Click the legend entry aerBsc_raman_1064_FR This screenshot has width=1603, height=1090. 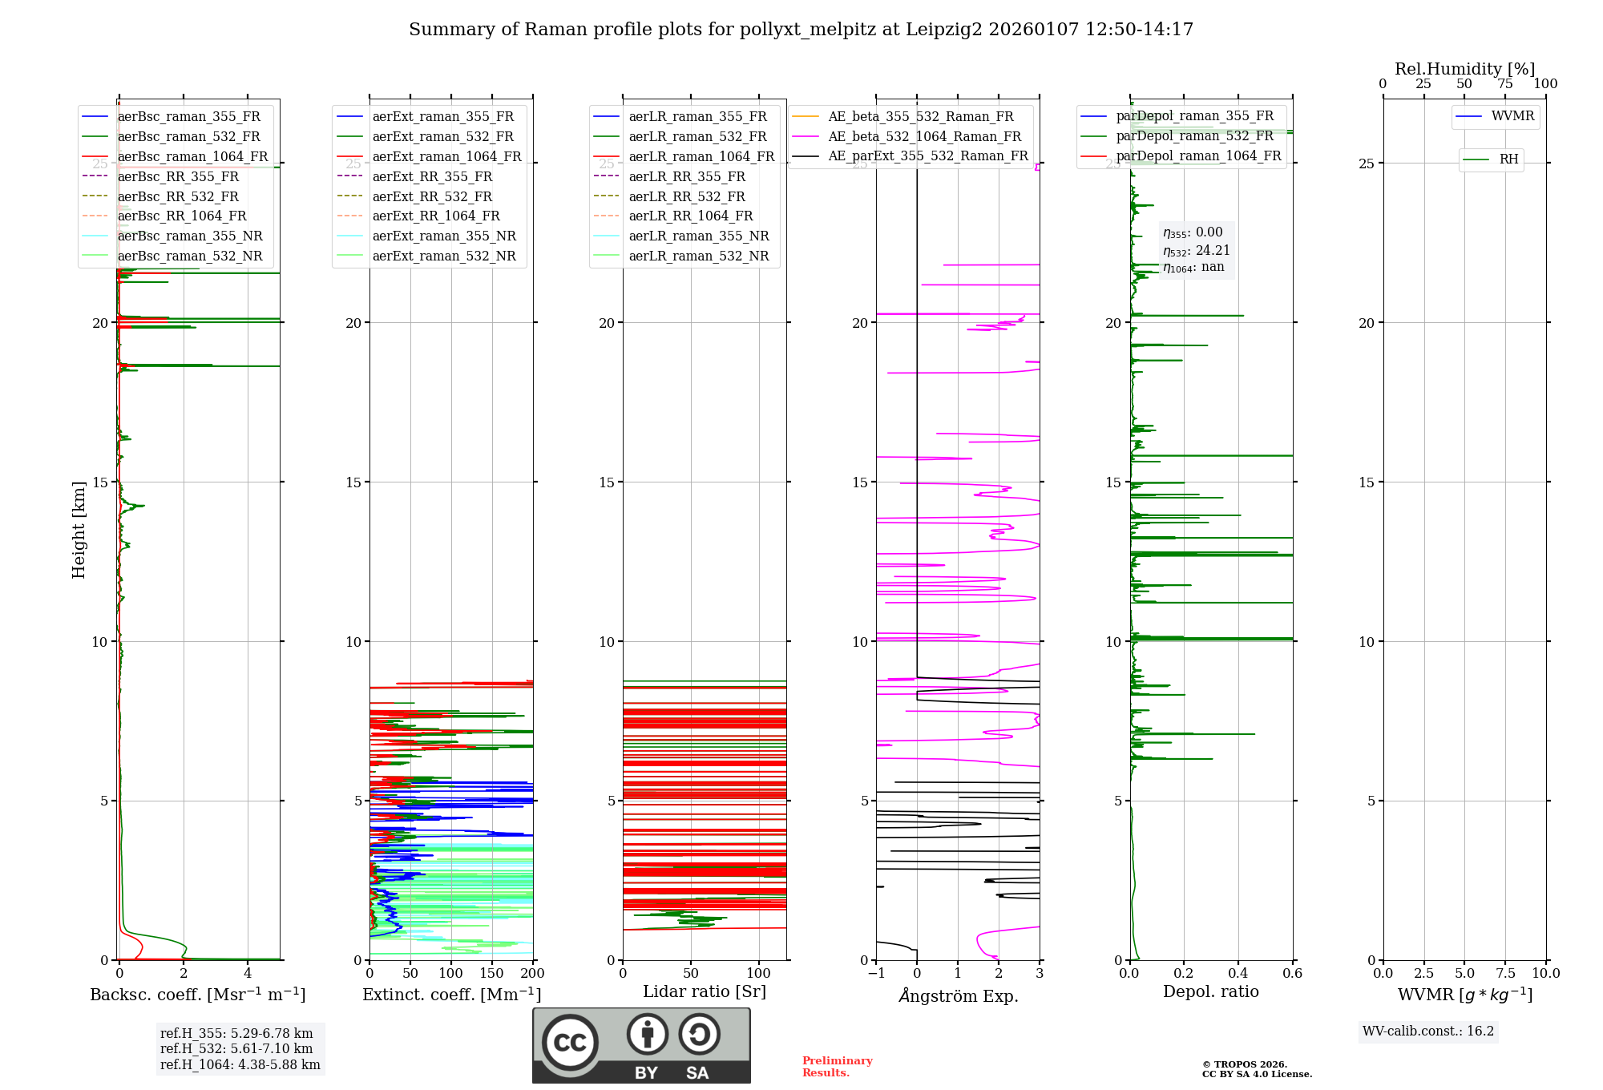click(192, 157)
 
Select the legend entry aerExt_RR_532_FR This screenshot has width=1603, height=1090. click(431, 196)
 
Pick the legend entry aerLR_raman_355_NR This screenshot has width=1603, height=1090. click(698, 236)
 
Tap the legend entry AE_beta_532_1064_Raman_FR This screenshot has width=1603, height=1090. click(924, 137)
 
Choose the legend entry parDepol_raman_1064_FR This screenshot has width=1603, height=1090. click(1198, 156)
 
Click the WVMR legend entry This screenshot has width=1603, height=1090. click(1512, 116)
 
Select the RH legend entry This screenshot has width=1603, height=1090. click(1508, 159)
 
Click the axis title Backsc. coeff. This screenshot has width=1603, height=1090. click(197, 995)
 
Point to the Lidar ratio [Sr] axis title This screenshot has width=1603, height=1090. click(704, 992)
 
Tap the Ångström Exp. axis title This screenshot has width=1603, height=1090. click(958, 996)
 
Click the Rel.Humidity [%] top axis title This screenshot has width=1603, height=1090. click(1464, 69)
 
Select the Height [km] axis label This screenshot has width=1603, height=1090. click(79, 530)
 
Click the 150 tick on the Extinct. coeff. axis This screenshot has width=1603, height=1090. click(491, 974)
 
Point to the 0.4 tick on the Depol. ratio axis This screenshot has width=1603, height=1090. click(1238, 974)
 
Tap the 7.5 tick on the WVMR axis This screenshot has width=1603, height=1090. click(1505, 974)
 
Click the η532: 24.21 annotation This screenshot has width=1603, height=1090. click(1196, 251)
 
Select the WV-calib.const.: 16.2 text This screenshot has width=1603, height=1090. click(1427, 1031)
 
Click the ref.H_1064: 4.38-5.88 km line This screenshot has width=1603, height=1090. click(240, 1065)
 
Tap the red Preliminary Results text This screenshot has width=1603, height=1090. click(837, 1067)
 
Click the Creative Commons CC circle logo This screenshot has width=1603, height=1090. click(570, 1043)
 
